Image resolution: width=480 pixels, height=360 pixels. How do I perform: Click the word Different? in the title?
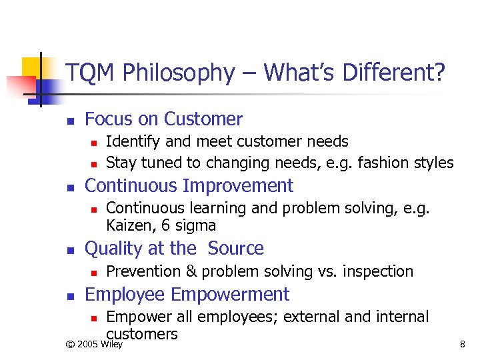pos(391,73)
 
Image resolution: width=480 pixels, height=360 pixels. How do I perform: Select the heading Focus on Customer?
pos(164,119)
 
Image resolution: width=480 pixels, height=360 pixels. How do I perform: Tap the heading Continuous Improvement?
pos(189,185)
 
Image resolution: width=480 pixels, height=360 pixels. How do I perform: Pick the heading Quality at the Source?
pos(175,249)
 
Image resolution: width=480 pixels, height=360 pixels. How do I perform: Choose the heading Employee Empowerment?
pos(187,294)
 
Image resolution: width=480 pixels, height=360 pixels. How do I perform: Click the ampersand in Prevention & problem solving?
pos(191,271)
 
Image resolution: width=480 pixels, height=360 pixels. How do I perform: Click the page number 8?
pos(462,345)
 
